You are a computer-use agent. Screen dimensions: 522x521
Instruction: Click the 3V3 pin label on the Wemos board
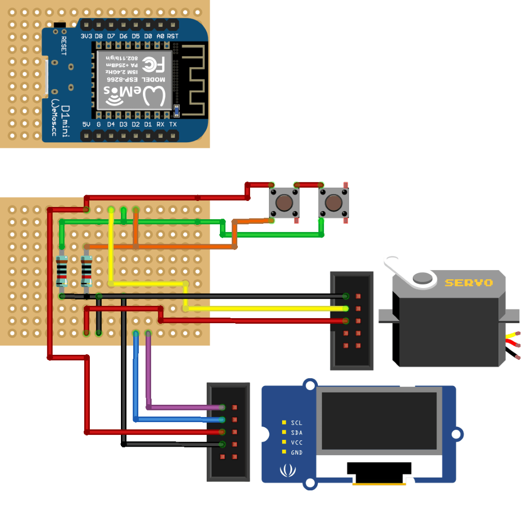coord(86,36)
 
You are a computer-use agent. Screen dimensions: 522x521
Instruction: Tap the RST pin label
coord(172,36)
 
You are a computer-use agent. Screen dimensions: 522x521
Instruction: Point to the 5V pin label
coord(86,124)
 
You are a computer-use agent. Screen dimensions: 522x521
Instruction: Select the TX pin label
coord(173,124)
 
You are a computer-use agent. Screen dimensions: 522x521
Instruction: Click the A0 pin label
coord(160,36)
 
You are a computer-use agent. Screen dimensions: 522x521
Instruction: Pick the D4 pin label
coord(111,124)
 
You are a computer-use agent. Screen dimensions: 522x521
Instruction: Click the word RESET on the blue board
coord(64,45)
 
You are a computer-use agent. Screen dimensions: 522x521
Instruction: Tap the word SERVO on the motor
coord(468,282)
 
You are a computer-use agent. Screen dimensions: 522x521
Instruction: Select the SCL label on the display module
coord(296,423)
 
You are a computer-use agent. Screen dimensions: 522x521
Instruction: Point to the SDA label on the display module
coord(296,433)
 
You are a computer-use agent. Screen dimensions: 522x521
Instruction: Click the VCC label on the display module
coord(296,442)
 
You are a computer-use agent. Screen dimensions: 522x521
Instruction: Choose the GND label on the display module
coord(296,453)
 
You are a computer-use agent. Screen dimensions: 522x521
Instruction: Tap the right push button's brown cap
coord(333,202)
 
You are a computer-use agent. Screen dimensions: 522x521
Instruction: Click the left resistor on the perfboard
coord(62,270)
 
